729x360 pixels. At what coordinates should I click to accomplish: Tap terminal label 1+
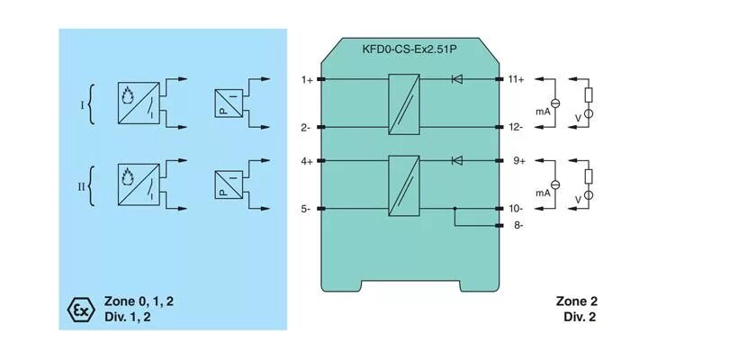(x=307, y=80)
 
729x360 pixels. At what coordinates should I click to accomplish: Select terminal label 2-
(x=306, y=128)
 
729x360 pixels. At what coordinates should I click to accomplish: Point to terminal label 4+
(x=307, y=162)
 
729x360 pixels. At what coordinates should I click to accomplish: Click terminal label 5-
(x=306, y=210)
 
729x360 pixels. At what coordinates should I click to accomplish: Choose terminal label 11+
(x=516, y=80)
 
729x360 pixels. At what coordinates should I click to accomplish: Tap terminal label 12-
(x=516, y=128)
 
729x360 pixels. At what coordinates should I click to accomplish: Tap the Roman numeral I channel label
(x=83, y=105)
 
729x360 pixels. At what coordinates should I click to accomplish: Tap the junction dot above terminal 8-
(x=455, y=210)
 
